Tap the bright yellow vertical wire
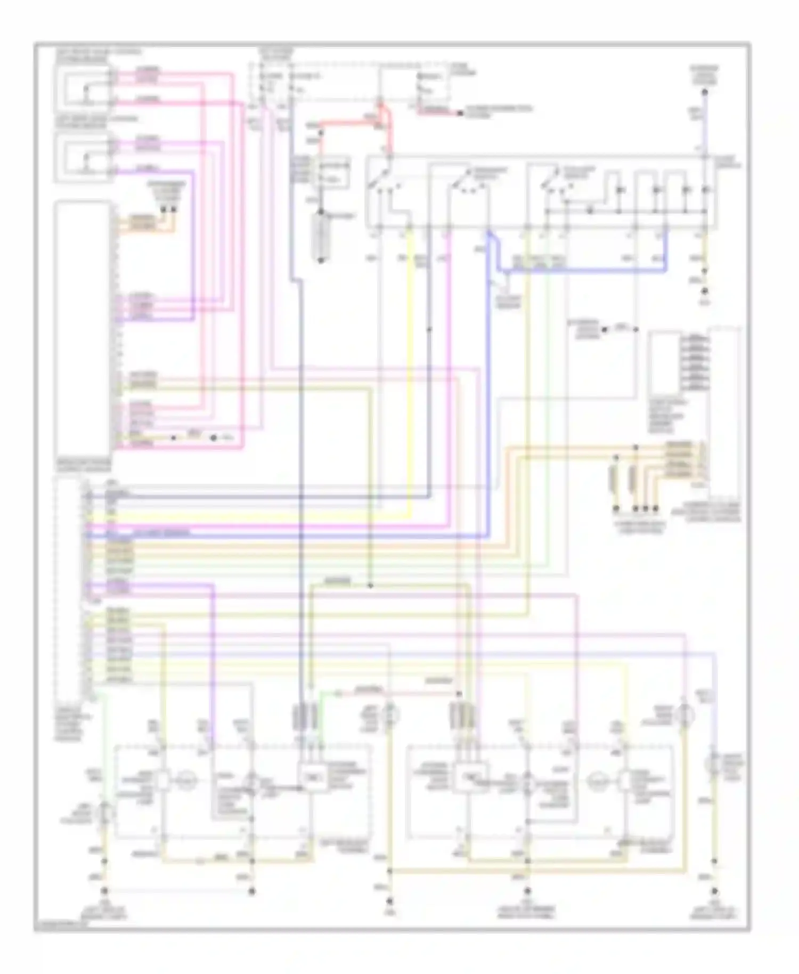(x=411, y=373)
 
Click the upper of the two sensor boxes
(x=83, y=86)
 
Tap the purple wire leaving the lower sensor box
(x=160, y=172)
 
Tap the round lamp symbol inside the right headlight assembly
(x=596, y=781)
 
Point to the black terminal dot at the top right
(x=704, y=92)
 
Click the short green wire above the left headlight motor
(x=323, y=709)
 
